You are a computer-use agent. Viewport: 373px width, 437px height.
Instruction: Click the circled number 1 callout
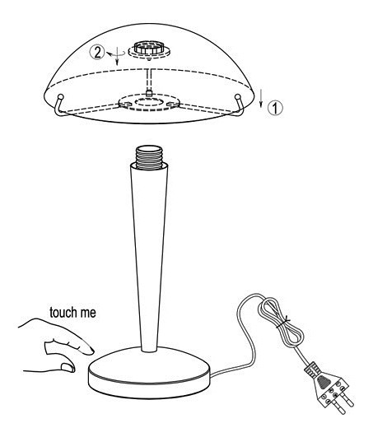coord(275,108)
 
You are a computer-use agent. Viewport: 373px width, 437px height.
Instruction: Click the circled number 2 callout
coord(97,53)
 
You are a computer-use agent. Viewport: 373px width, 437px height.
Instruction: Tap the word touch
coord(63,313)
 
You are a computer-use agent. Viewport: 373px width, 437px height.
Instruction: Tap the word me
coord(88,314)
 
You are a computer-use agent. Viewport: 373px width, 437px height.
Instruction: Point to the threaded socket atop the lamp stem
coord(149,157)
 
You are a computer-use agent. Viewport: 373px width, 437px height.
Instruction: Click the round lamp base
coord(149,374)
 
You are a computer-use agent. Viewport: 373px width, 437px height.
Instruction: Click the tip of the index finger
coord(92,351)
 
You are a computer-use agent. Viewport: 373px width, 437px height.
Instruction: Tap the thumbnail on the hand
coord(68,367)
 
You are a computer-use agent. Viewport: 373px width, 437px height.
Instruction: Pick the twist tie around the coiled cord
coord(282,323)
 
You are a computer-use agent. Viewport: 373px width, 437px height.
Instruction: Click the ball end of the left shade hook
coord(60,97)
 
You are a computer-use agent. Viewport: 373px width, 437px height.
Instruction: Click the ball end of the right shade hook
coord(237,97)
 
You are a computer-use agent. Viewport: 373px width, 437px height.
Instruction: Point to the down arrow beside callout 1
coord(261,98)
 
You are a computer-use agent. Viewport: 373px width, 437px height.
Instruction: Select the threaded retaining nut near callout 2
coord(145,48)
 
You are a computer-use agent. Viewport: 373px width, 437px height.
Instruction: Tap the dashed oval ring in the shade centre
coord(149,101)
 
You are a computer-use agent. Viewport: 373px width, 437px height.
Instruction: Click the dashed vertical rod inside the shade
coord(149,80)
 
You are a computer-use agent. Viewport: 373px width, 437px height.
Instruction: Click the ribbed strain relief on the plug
coord(312,370)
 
